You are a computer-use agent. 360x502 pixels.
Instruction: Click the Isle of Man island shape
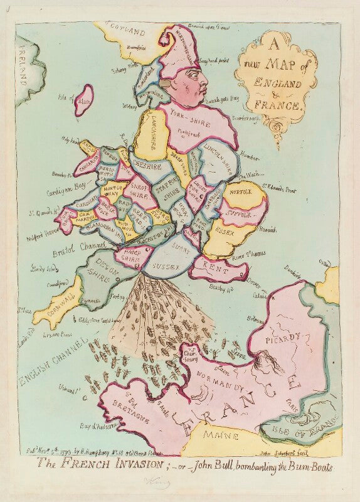(83, 100)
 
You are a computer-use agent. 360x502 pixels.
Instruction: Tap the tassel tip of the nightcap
(162, 39)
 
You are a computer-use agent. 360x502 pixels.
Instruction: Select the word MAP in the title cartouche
(282, 66)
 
